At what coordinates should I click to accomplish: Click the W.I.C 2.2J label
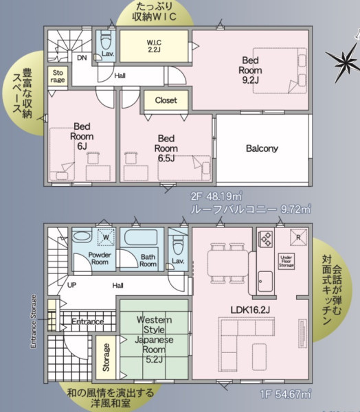pos(154,46)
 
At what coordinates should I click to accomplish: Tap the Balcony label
pos(262,148)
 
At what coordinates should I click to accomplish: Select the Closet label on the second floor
pos(166,100)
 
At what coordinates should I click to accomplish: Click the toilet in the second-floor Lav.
pos(106,41)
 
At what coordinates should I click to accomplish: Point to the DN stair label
pos(82,58)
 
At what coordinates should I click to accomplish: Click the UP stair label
pos(71,285)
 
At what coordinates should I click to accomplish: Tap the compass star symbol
pos(343,62)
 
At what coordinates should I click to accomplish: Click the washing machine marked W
pos(106,237)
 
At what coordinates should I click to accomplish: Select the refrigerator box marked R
pos(298,238)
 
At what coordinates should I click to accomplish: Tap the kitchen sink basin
pos(265,282)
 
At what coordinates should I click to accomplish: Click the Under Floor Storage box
pos(286,261)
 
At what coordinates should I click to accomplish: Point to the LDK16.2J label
pos(250,310)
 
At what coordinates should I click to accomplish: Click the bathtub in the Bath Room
pos(141,238)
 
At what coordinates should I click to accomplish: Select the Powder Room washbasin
pos(82,236)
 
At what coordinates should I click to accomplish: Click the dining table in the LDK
pos(228,263)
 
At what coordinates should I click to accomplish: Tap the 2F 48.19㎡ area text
pos(216,196)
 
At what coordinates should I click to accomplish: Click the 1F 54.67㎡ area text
pos(286,394)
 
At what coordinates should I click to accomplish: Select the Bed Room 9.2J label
pos(250,70)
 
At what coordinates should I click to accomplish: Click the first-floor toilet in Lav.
pos(178,245)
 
